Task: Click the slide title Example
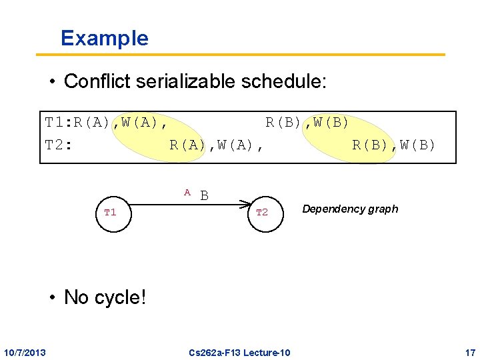coord(104,38)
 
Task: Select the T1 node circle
coord(110,212)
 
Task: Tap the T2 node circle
coord(262,212)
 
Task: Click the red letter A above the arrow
coord(187,193)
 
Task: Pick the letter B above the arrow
coord(205,195)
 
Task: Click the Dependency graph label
coord(350,209)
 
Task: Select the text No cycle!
coord(105,297)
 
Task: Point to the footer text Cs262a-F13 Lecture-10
coord(239,352)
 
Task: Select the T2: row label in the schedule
coord(58,145)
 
